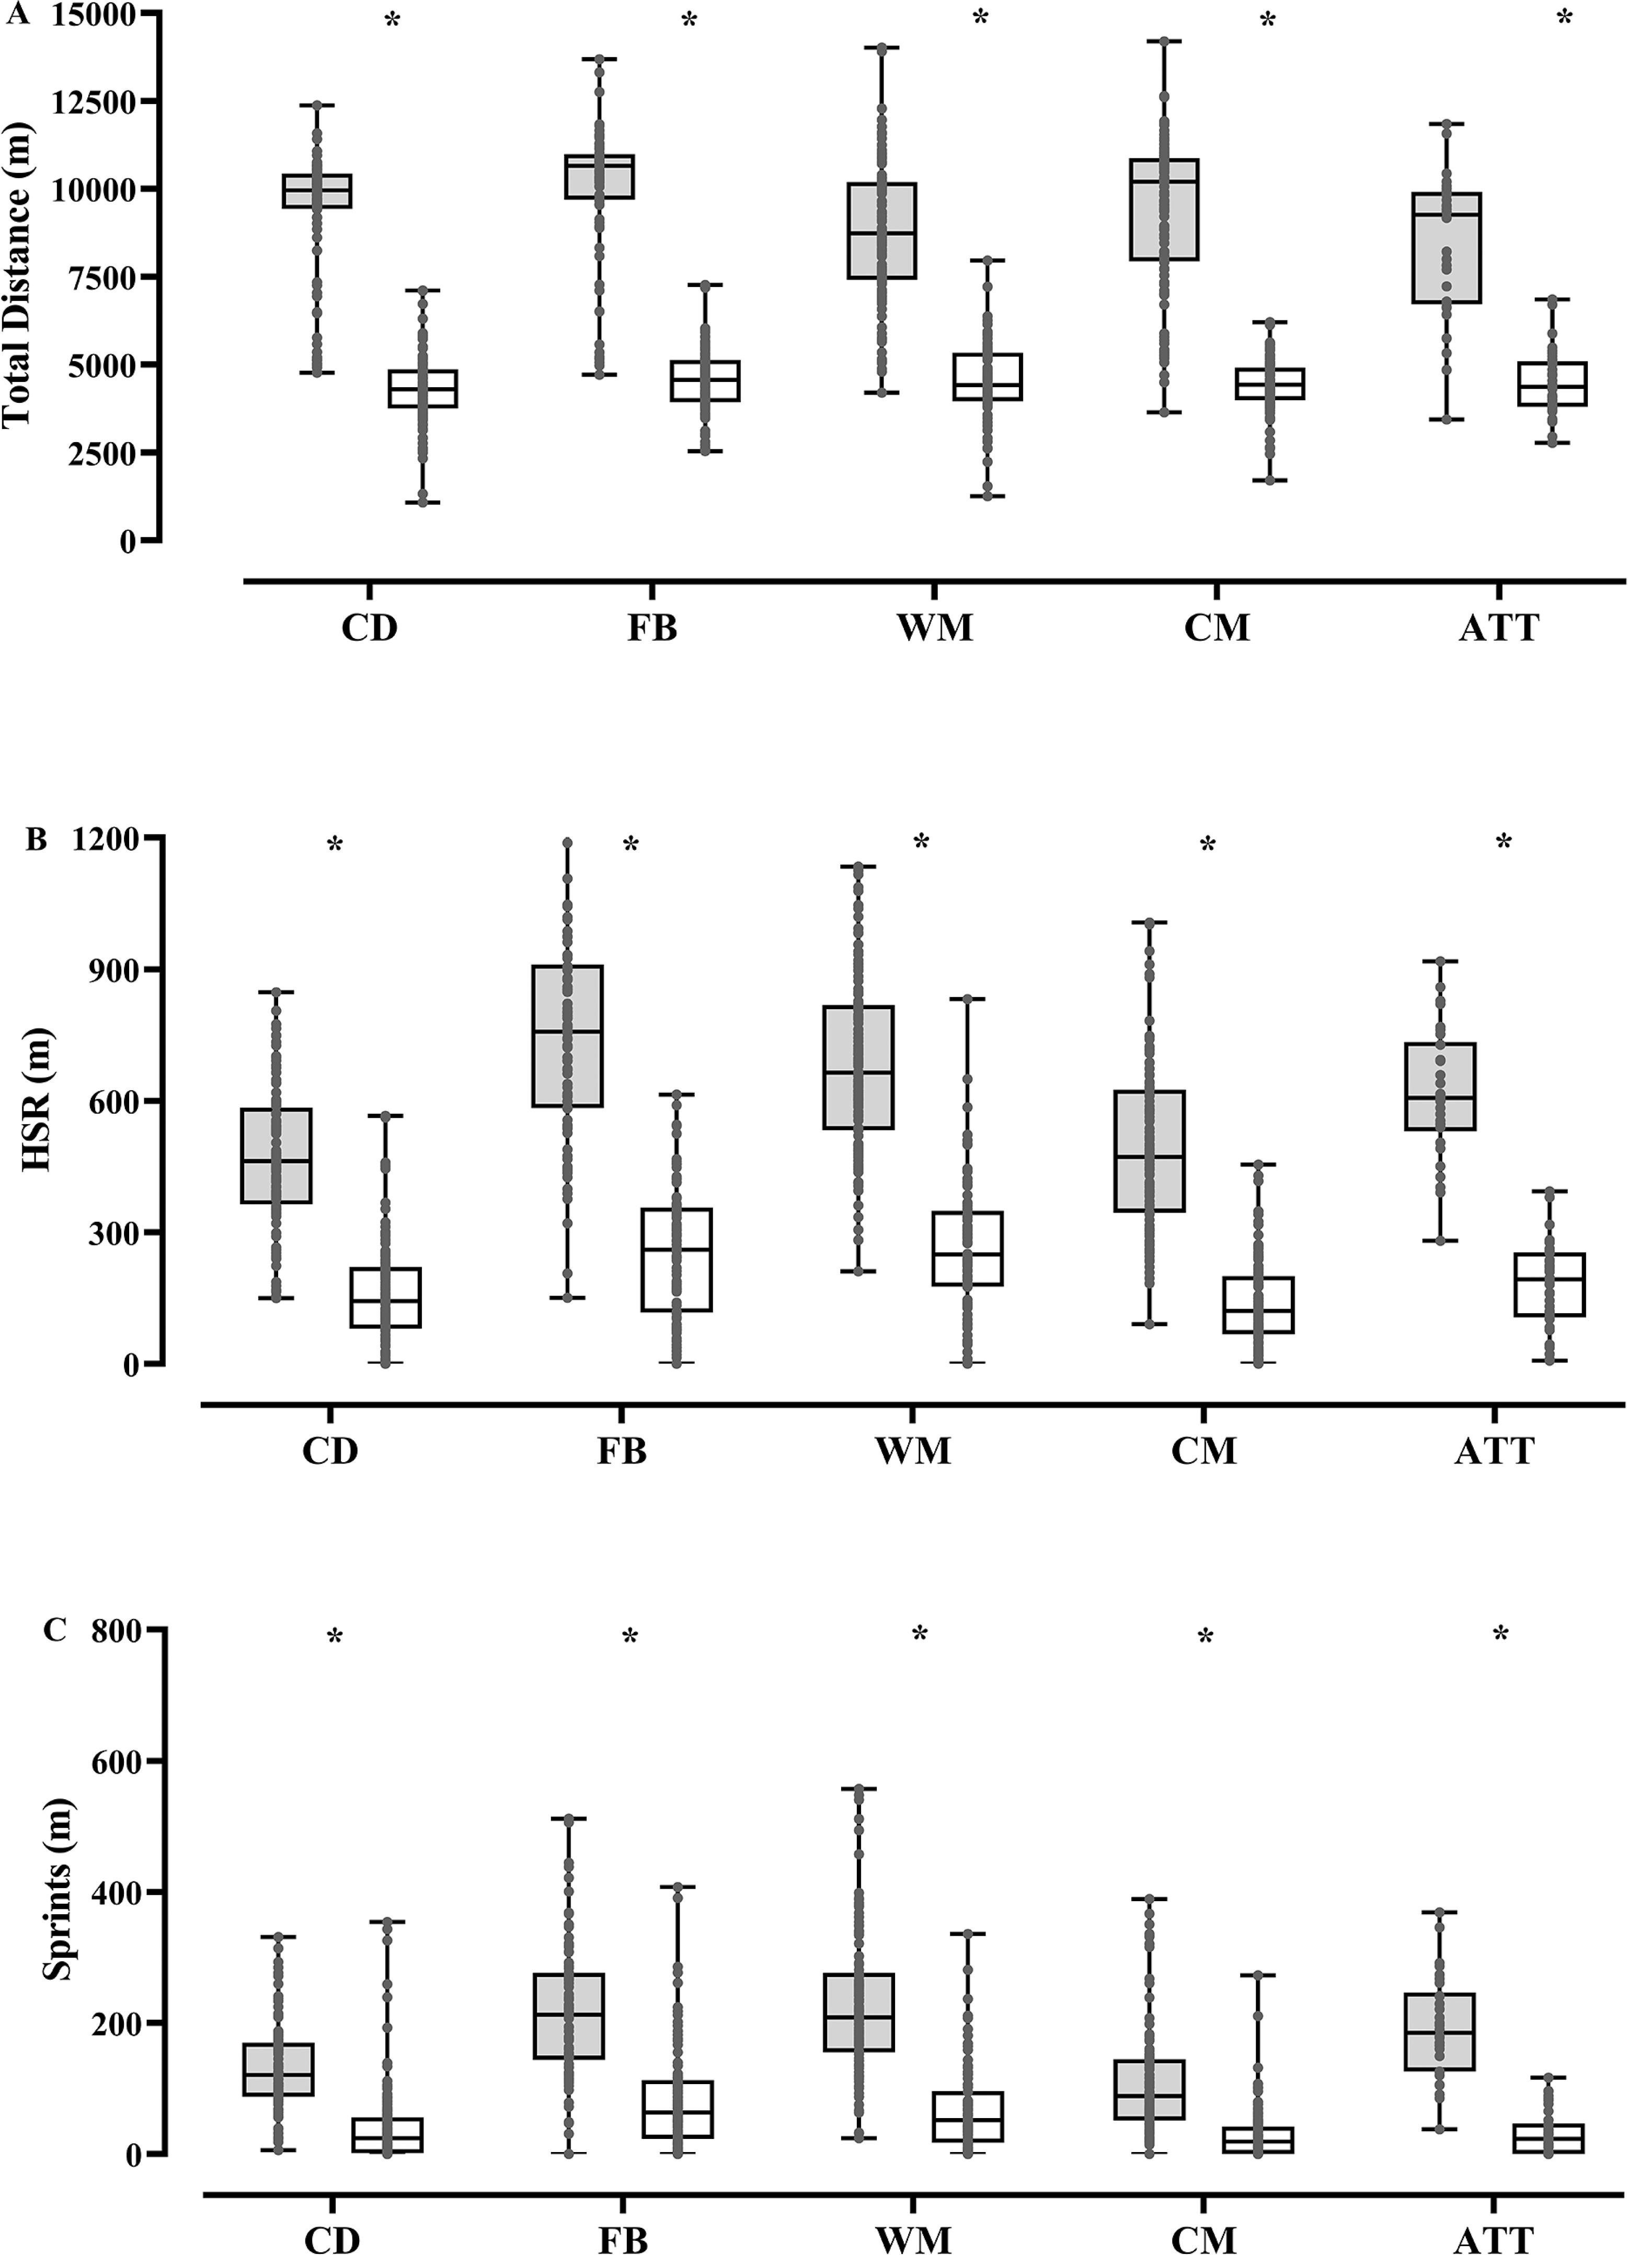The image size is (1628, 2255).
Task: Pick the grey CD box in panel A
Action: (x=317, y=191)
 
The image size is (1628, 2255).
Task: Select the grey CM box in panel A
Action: (x=1164, y=209)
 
